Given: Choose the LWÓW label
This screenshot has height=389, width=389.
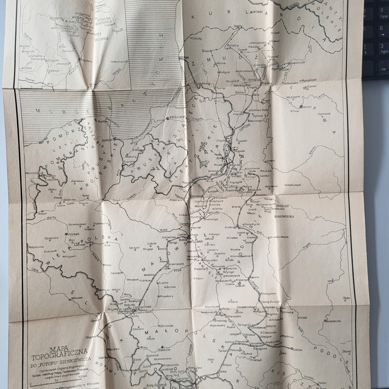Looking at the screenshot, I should (x=298, y=349).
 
